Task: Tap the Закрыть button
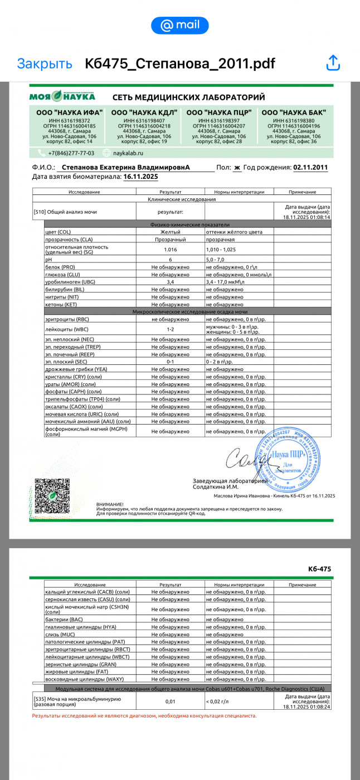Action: (x=45, y=64)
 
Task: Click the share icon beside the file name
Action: (x=333, y=63)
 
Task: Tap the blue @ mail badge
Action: (x=180, y=25)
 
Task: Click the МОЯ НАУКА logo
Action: (x=62, y=96)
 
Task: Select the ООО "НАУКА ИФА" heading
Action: (x=70, y=112)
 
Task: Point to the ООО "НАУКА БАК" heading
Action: (x=294, y=112)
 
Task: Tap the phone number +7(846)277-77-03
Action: (x=71, y=153)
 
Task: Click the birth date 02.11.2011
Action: (x=310, y=167)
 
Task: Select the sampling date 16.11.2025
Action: (x=141, y=177)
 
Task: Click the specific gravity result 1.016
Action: (x=170, y=250)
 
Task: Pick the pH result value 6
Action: (x=170, y=260)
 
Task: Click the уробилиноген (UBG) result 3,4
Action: (x=170, y=282)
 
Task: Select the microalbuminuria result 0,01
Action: (x=170, y=701)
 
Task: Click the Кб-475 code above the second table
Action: (x=319, y=569)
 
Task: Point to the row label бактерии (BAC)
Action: (x=64, y=620)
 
